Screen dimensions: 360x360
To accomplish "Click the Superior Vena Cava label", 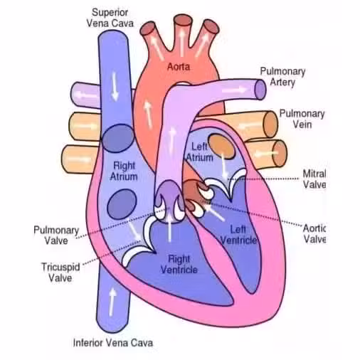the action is tap(110, 18).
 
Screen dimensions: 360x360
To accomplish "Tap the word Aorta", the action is tap(179, 67).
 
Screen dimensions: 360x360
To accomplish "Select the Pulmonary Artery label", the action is tap(282, 77).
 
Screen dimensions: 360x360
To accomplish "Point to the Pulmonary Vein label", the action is tap(302, 119).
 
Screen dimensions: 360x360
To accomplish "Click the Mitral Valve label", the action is tap(314, 179).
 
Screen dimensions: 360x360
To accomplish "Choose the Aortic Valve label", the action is tap(314, 233).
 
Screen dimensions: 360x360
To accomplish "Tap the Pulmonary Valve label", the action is tap(56, 235).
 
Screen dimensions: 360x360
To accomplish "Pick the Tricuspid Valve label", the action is tap(60, 272).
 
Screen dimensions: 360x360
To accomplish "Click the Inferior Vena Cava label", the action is tap(113, 343).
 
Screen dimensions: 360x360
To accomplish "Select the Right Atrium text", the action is tap(124, 171).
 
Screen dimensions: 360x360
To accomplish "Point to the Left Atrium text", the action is tap(200, 152).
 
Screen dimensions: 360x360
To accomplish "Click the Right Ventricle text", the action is tap(179, 264).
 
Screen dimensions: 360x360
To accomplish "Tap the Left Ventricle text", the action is tap(238, 235).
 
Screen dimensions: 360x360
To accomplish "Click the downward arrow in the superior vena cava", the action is tap(115, 86).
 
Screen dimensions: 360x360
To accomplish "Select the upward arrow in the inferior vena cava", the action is tap(112, 302).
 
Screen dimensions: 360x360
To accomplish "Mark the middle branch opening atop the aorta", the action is tap(182, 20).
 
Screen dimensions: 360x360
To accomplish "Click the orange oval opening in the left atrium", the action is tap(222, 146).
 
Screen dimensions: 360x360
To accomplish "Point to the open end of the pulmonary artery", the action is tap(260, 90).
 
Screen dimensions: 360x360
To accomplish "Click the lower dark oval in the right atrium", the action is tap(122, 204).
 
